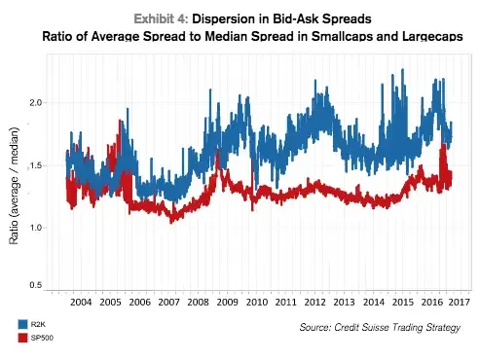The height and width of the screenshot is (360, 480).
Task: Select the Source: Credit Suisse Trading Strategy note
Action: pyautogui.click(x=381, y=329)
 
